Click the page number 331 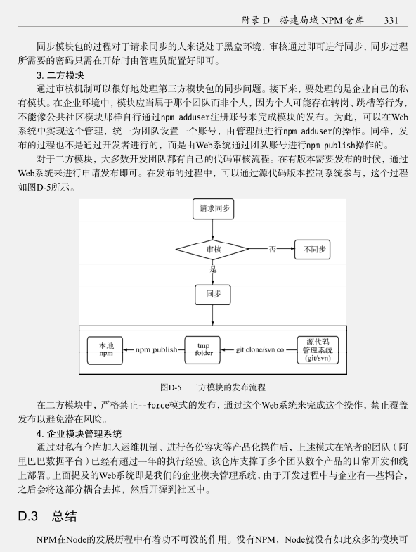click(x=391, y=20)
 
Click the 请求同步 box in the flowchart click(x=214, y=209)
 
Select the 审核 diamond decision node click(x=212, y=249)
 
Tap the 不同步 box click(x=313, y=249)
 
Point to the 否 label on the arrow click(x=272, y=249)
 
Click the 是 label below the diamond click(x=213, y=269)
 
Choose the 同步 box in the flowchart click(x=213, y=295)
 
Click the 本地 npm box click(x=105, y=350)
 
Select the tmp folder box click(x=202, y=350)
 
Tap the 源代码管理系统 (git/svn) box click(x=318, y=350)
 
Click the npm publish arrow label click(x=156, y=349)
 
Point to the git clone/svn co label click(x=260, y=349)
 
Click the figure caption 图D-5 click(x=171, y=387)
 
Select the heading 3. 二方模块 click(x=60, y=75)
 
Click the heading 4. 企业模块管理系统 click(x=79, y=433)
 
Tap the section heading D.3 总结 click(x=47, y=515)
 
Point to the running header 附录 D click(x=255, y=20)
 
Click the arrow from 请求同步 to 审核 click(x=213, y=229)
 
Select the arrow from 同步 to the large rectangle click(x=213, y=316)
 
